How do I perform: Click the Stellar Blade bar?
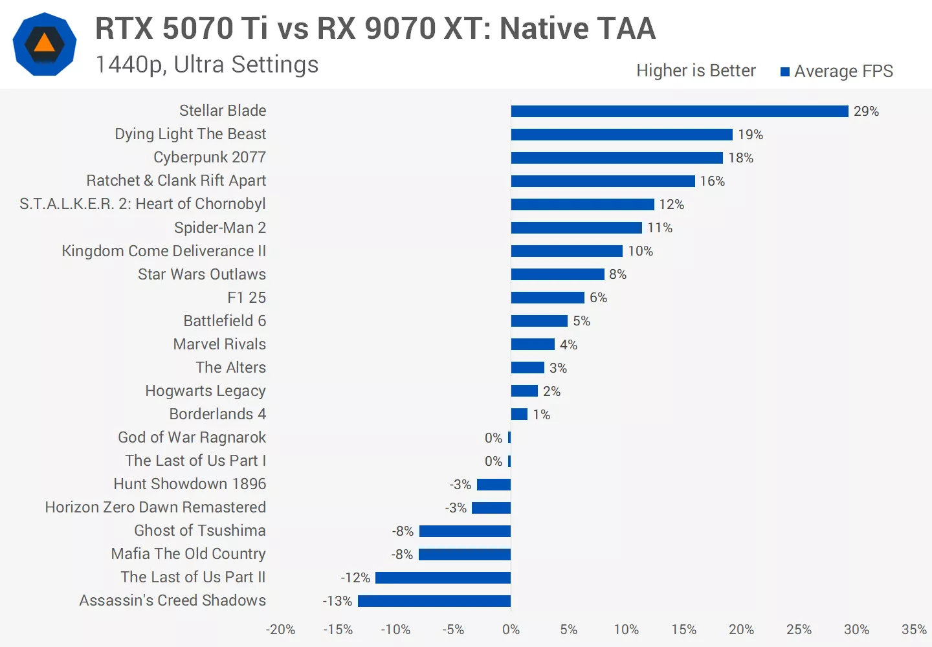680,111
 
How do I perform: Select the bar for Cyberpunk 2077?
617,158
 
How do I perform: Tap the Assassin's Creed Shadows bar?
434,601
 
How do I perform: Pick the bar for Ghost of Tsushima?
465,531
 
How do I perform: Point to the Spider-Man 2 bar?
576,228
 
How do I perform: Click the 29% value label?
866,111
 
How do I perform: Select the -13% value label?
337,601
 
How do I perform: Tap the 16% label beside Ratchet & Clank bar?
712,181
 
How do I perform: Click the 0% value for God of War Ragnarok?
493,438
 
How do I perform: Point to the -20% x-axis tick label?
280,630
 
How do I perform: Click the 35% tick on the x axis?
914,630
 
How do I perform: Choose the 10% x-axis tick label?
626,630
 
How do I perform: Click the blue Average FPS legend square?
785,72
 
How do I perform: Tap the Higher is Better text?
696,71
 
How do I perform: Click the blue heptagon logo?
45,44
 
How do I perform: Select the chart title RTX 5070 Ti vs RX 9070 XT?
375,28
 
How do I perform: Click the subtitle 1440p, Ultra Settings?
207,65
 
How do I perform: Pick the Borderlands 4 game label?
217,414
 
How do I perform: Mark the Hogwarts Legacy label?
205,391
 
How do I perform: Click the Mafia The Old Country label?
188,554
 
